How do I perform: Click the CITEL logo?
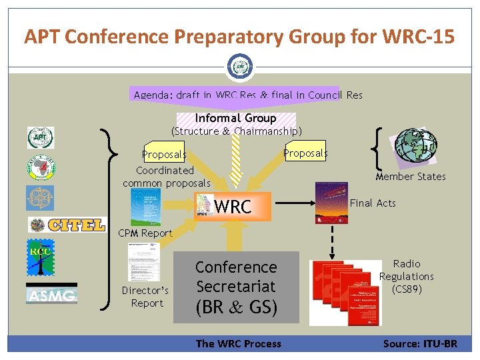pyautogui.click(x=67, y=225)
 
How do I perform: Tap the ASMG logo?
pyautogui.click(x=51, y=293)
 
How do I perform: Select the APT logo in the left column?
pyautogui.click(x=40, y=138)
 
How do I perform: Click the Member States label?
pyautogui.click(x=410, y=177)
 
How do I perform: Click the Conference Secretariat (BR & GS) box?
pyautogui.click(x=235, y=287)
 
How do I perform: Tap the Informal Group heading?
pyautogui.click(x=235, y=118)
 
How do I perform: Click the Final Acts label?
pyautogui.click(x=373, y=203)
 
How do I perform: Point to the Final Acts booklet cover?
pyautogui.click(x=331, y=204)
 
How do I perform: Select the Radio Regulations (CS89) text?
pyautogui.click(x=406, y=277)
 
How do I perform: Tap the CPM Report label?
pyautogui.click(x=145, y=233)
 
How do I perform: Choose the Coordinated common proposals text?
pyautogui.click(x=166, y=177)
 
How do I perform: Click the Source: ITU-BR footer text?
pyautogui.click(x=420, y=344)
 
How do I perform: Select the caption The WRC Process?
pyautogui.click(x=238, y=344)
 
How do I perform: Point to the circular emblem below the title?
pyautogui.click(x=239, y=67)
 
